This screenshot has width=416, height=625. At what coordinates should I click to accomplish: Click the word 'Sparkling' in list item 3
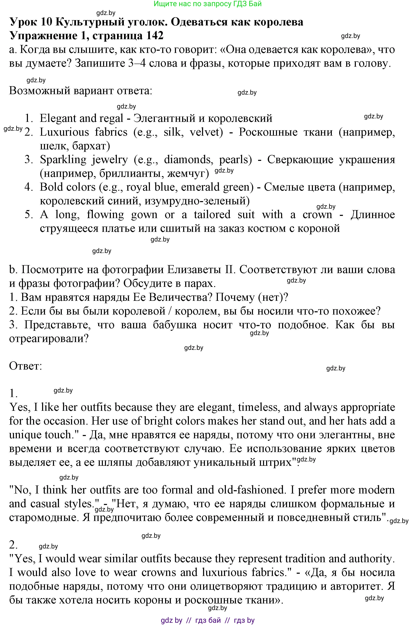[x=63, y=160]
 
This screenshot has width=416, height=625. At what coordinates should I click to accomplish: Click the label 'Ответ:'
[x=25, y=366]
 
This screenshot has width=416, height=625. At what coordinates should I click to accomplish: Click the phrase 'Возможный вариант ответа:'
[x=81, y=91]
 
